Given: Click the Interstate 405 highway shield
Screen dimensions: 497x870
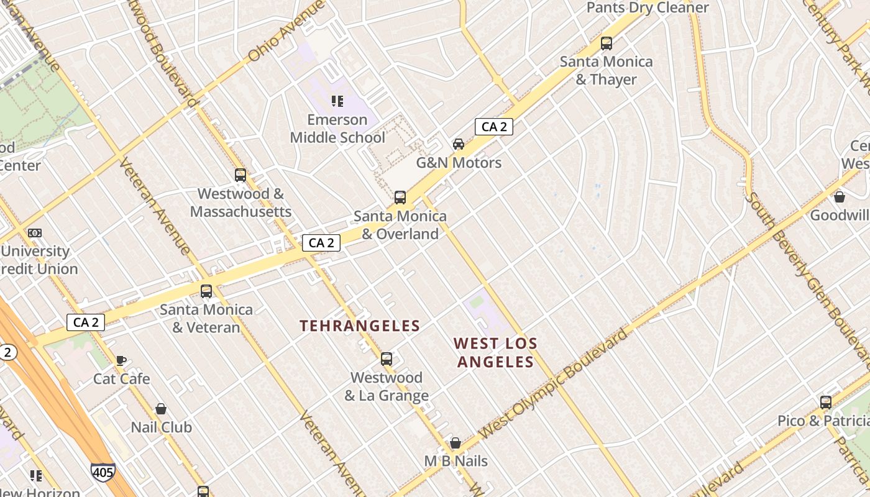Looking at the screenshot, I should point(103,472).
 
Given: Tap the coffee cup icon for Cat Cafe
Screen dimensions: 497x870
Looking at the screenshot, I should point(121,360).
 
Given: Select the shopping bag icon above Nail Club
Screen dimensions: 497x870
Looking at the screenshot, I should point(161,409).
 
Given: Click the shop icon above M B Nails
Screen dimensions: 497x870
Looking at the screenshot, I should point(456,443).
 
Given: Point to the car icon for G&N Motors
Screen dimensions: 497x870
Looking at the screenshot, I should point(459,144).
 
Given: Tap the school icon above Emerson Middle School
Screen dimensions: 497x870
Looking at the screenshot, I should point(337,101).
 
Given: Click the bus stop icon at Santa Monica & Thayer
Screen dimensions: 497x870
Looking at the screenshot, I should point(606,43).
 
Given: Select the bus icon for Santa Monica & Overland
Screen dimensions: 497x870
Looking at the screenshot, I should point(400,198).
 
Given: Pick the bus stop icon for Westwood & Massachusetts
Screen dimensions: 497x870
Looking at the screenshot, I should point(240,175).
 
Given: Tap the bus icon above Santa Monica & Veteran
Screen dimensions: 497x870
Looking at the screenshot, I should point(206,291).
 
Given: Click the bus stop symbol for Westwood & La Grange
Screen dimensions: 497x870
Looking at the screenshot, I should point(387,359).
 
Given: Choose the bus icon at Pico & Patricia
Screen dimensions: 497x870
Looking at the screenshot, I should point(825,403).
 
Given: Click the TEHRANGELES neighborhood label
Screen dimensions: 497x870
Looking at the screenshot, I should point(360,326).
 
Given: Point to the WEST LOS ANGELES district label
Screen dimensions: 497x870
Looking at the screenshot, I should point(495,352).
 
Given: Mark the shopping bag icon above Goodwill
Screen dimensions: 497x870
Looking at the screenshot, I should point(840,197).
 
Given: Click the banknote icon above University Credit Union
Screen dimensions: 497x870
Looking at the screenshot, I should point(35,233).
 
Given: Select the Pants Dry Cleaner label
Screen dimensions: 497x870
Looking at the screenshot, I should point(648,7).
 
